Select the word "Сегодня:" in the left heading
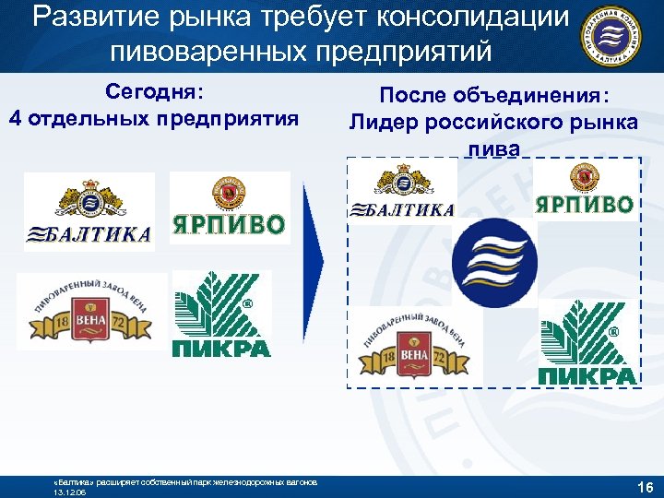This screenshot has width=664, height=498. (152, 93)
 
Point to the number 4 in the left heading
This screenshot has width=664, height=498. (14, 118)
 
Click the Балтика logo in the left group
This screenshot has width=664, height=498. (89, 211)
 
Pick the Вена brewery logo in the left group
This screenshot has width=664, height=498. (90, 312)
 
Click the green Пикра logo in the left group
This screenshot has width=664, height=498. (220, 314)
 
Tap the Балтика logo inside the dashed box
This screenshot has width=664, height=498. (401, 191)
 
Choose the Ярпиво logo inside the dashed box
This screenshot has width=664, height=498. (584, 190)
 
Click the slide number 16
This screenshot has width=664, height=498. (644, 486)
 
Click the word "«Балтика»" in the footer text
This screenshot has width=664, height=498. (72, 482)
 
